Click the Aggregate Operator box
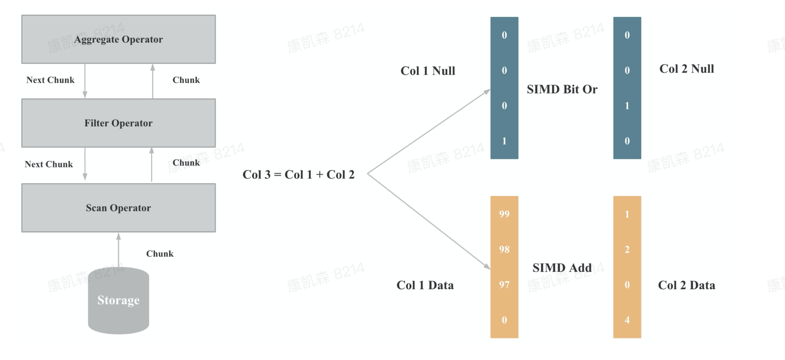pyautogui.click(x=118, y=39)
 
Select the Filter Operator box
pyautogui.click(x=118, y=123)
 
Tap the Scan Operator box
pyautogui.click(x=118, y=208)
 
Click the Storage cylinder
pyautogui.click(x=118, y=300)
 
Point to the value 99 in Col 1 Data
pyautogui.click(x=504, y=214)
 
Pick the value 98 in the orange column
pyautogui.click(x=504, y=249)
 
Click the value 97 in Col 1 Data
pyautogui.click(x=504, y=285)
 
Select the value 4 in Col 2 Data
pyautogui.click(x=627, y=320)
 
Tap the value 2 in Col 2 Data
pyautogui.click(x=627, y=249)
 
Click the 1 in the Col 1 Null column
pyautogui.click(x=504, y=141)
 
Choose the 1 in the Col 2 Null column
pyautogui.click(x=627, y=106)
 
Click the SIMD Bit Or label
pyautogui.click(x=562, y=90)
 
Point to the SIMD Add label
pyautogui.click(x=562, y=268)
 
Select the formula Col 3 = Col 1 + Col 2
pyautogui.click(x=298, y=175)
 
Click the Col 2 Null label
pyautogui.click(x=686, y=69)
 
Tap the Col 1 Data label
pyautogui.click(x=425, y=285)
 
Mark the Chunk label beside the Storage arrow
pyautogui.click(x=160, y=254)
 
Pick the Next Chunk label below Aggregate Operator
pyautogui.click(x=50, y=80)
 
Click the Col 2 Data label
pyautogui.click(x=686, y=285)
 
